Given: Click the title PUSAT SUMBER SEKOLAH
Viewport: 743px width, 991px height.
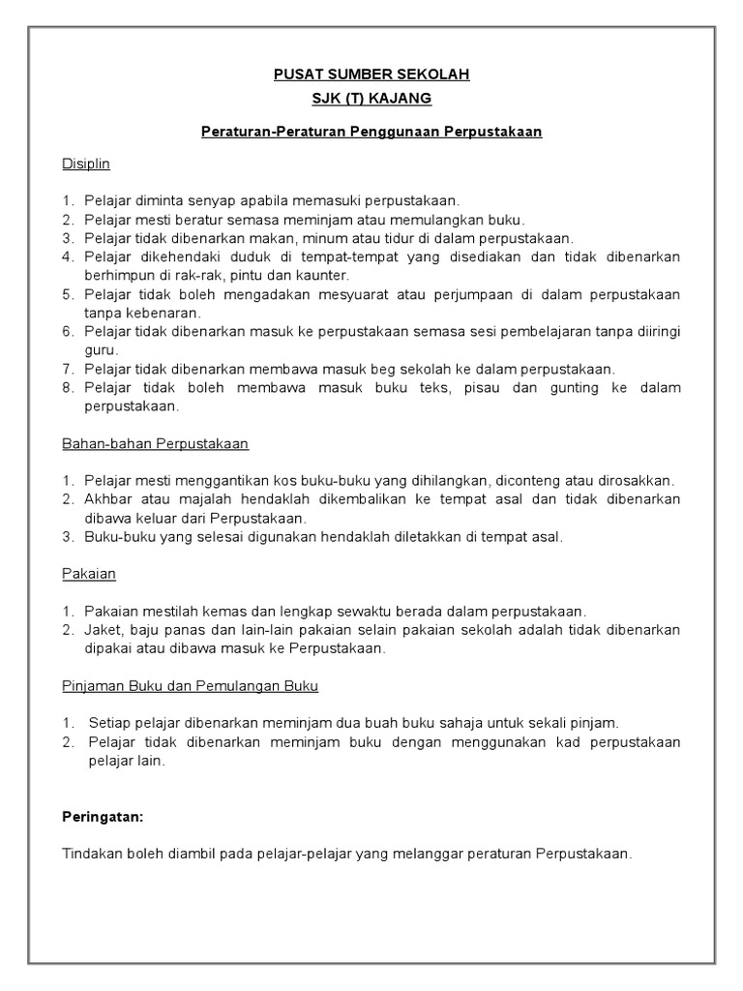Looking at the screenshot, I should [371, 75].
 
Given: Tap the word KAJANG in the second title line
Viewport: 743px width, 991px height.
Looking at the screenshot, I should [398, 100].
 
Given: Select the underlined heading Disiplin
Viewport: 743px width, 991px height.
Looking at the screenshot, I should [86, 165].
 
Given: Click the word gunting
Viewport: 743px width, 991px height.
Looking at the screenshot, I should [580, 388].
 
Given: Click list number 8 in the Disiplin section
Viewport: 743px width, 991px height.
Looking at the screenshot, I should [68, 388].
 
